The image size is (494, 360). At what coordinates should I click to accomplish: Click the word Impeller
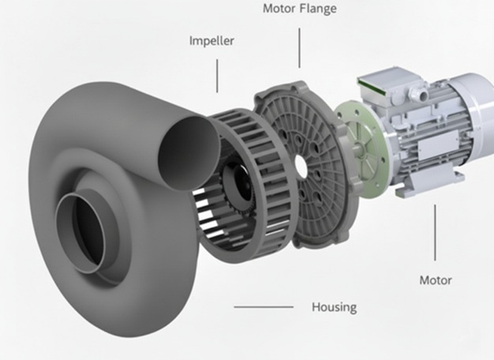click(x=211, y=41)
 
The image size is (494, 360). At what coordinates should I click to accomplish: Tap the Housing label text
click(x=335, y=307)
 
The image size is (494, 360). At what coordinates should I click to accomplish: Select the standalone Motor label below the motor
click(x=436, y=280)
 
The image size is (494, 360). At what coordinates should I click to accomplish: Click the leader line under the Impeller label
click(x=217, y=76)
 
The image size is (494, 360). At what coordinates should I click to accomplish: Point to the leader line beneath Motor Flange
click(x=299, y=47)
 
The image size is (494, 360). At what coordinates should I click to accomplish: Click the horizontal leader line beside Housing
click(x=264, y=307)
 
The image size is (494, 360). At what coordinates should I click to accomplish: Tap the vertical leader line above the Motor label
click(x=435, y=233)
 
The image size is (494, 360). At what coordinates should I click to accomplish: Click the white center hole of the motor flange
click(x=301, y=165)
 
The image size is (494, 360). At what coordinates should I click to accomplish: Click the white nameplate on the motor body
click(x=438, y=144)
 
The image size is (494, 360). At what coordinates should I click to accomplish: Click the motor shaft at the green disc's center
click(x=358, y=148)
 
